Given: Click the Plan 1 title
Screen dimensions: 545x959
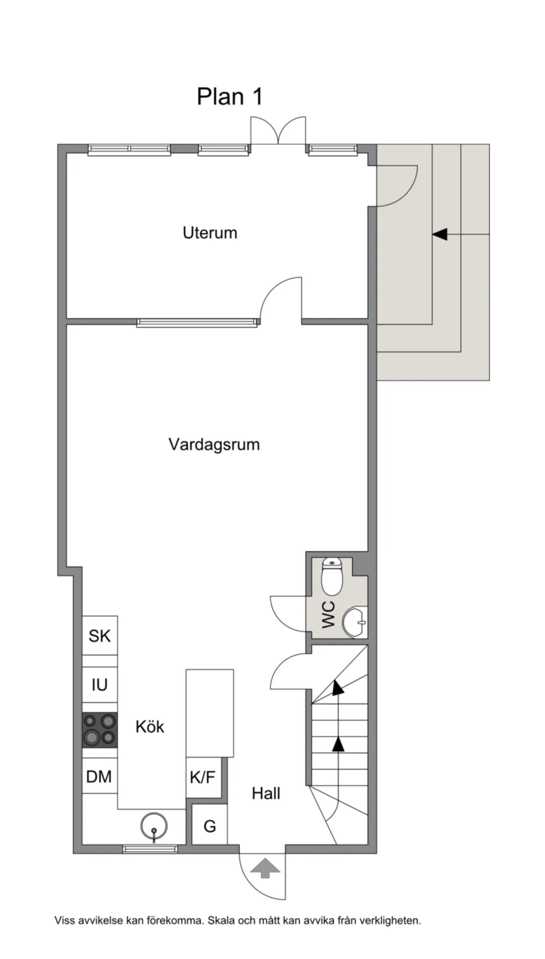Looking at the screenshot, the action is click(229, 97).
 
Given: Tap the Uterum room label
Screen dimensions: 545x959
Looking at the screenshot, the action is click(210, 233).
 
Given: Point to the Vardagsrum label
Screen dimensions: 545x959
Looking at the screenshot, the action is click(214, 444).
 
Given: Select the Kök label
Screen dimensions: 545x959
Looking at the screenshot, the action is click(149, 727).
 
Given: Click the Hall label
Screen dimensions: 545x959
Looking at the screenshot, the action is click(266, 793).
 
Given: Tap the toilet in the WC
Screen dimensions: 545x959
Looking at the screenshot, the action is click(332, 577).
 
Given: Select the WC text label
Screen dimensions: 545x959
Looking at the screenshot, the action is click(328, 614).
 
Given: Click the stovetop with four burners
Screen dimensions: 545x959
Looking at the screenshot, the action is click(99, 730).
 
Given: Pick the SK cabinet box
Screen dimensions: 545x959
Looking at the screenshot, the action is click(99, 635).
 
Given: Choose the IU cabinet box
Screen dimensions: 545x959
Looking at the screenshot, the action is click(99, 685).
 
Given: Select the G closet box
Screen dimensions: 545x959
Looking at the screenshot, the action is click(209, 826).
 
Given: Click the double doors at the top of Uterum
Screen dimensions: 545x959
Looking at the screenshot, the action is click(278, 130).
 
